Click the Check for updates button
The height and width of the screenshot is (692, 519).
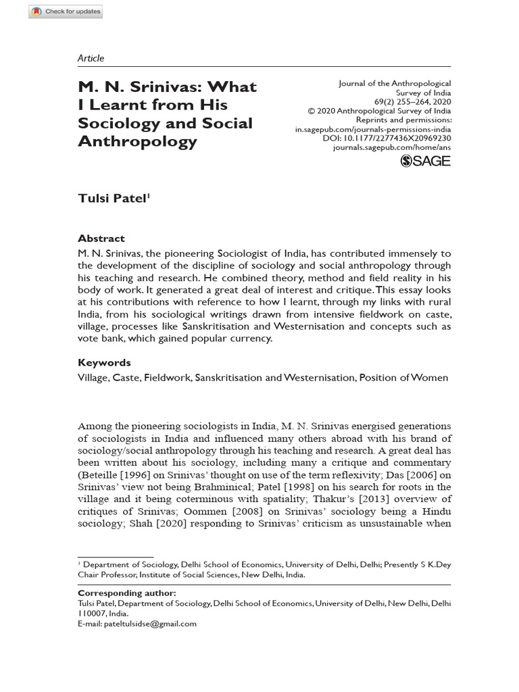(x=66, y=11)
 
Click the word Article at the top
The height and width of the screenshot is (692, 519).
(x=91, y=58)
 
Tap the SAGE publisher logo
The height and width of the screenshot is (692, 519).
(x=425, y=160)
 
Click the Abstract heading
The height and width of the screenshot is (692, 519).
(x=101, y=239)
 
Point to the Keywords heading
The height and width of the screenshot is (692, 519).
(x=104, y=362)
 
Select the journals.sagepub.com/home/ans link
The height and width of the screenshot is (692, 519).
(x=392, y=147)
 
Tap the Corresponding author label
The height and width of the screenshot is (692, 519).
(x=127, y=593)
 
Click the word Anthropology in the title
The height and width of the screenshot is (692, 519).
(x=138, y=141)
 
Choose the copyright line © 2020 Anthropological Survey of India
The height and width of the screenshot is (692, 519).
(x=379, y=111)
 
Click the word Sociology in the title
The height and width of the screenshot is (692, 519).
(x=120, y=123)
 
